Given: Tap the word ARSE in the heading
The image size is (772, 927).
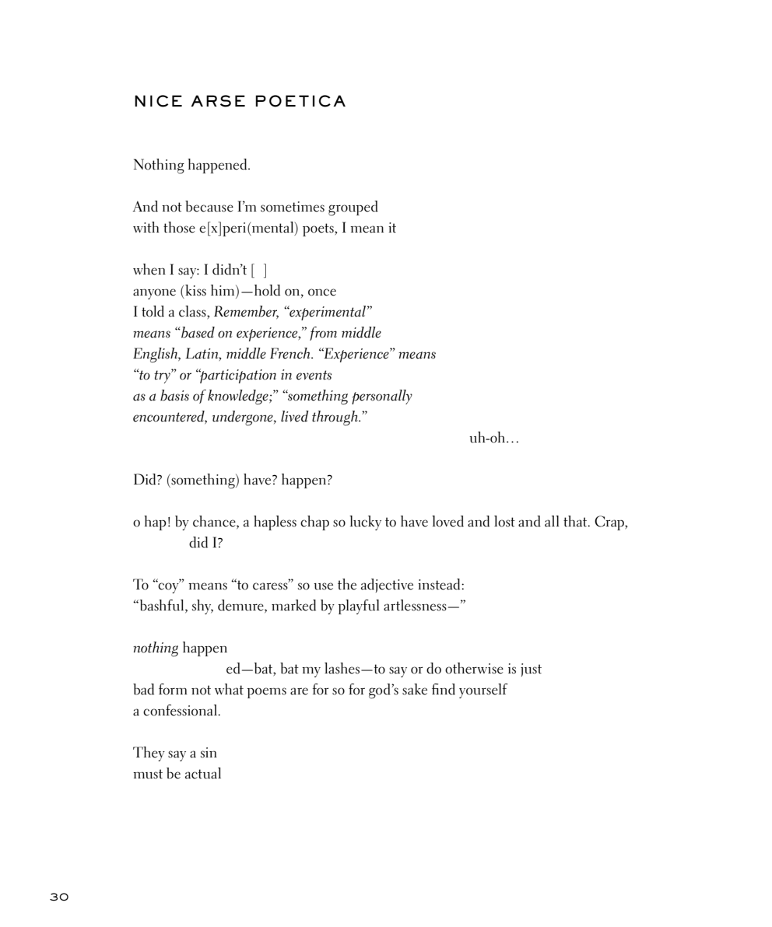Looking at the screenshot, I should point(219,102).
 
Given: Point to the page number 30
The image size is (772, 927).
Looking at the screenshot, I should point(59,897).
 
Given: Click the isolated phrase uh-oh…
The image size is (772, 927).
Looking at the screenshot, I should point(493,439).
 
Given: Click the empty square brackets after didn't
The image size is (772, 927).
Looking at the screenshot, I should point(259,271).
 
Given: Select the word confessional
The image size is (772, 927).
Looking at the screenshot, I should point(181,711).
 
